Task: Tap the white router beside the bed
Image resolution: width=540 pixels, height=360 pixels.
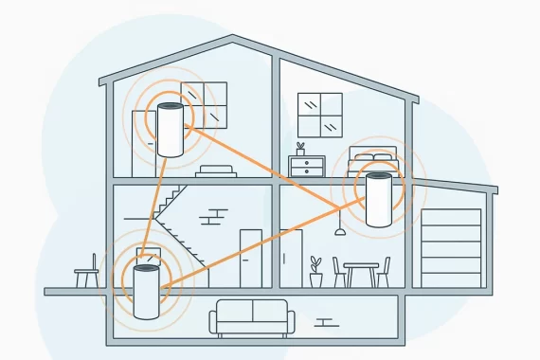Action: tap(377, 199)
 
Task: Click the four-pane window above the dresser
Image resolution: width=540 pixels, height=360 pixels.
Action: tap(319, 116)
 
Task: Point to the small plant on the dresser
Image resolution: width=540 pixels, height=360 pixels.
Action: tap(300, 149)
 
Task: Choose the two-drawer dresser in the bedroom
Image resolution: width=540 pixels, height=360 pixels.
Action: tap(307, 168)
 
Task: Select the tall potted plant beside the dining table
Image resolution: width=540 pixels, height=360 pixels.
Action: tap(315, 270)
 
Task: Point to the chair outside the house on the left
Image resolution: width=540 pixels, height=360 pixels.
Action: tap(87, 273)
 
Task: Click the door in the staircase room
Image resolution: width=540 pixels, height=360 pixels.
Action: tap(250, 257)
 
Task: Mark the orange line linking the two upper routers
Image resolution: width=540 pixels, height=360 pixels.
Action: tap(275, 171)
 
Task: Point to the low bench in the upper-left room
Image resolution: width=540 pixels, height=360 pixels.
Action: tap(215, 170)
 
